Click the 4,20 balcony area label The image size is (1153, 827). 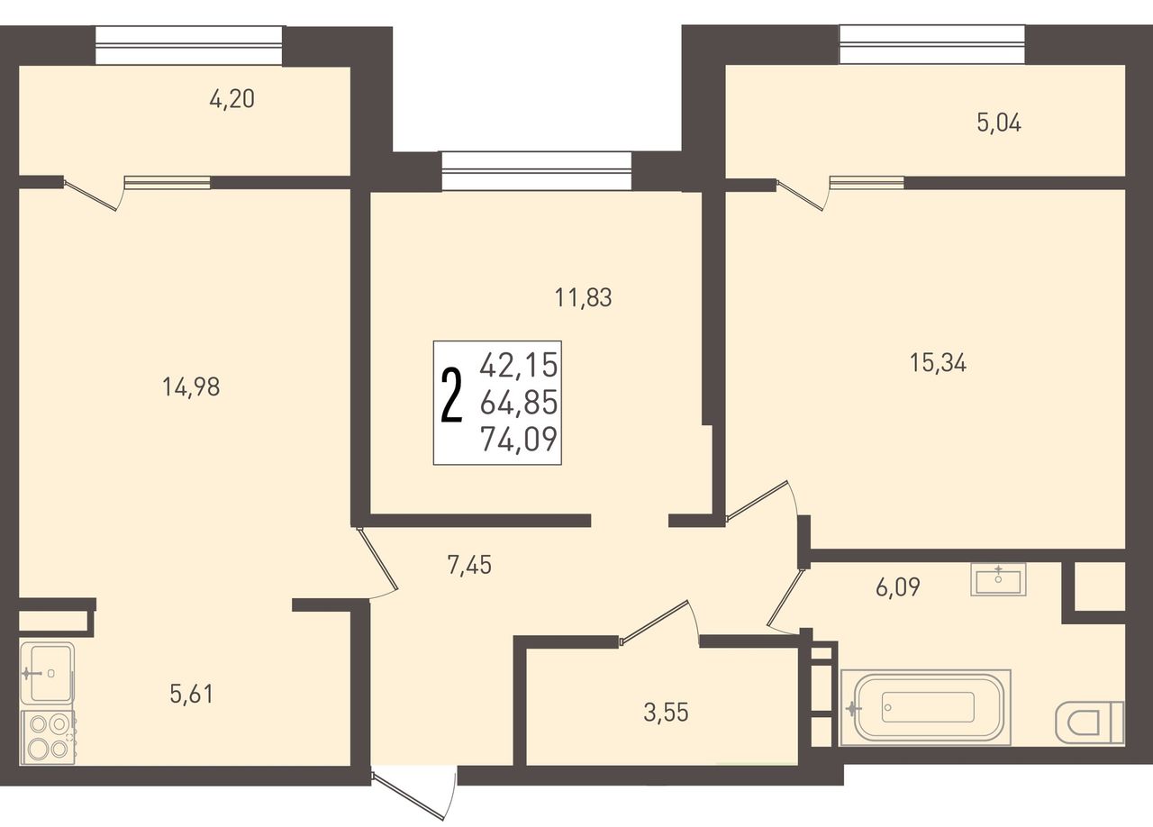pyautogui.click(x=232, y=99)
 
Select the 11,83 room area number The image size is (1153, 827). pyautogui.click(x=583, y=297)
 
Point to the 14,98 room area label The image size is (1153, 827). pyautogui.click(x=191, y=386)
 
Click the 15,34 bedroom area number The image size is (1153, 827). pyautogui.click(x=938, y=363)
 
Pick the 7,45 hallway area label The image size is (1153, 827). pyautogui.click(x=469, y=566)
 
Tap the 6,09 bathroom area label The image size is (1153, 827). pyautogui.click(x=898, y=586)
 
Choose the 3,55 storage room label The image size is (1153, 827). pyautogui.click(x=666, y=713)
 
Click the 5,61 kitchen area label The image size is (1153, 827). pyautogui.click(x=192, y=695)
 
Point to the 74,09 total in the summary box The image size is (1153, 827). pyautogui.click(x=519, y=440)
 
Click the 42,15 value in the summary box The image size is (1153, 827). pyautogui.click(x=519, y=365)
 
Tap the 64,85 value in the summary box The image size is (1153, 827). pyautogui.click(x=519, y=402)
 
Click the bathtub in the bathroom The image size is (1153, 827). pyautogui.click(x=926, y=707)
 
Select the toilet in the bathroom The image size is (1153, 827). pyautogui.click(x=1089, y=722)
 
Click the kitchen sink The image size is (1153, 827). pyautogui.click(x=48, y=674)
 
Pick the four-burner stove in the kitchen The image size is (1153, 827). pyautogui.click(x=48, y=738)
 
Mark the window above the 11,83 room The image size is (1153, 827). pyautogui.click(x=536, y=171)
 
